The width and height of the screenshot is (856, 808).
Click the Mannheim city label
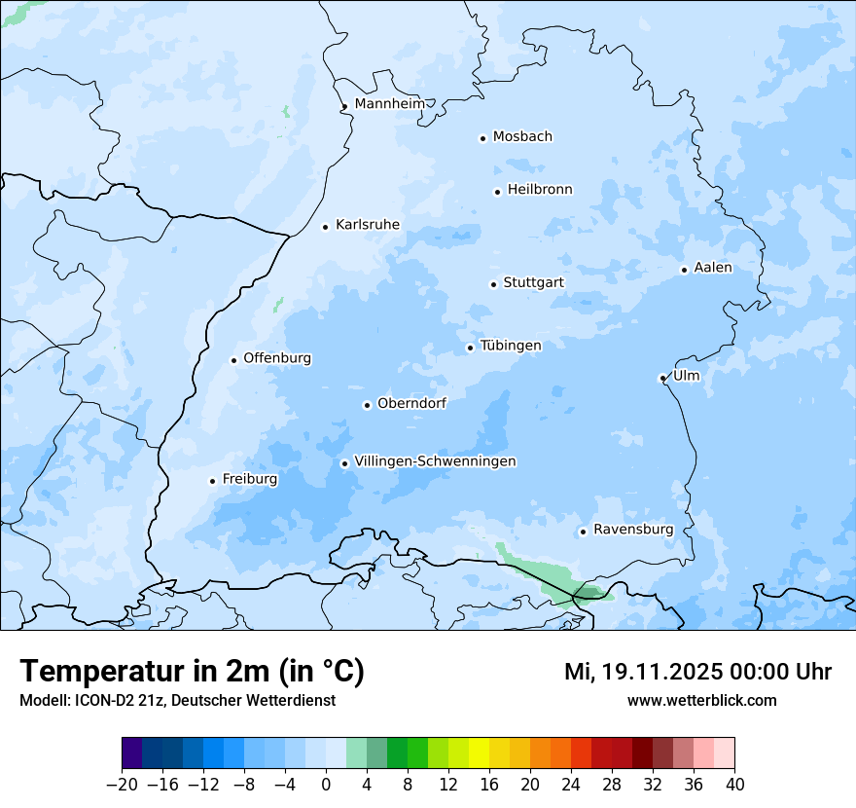click(x=389, y=104)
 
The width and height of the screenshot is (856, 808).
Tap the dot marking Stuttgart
click(x=493, y=284)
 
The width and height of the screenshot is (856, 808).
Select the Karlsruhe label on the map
click(x=367, y=225)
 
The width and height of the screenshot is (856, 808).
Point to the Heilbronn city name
click(x=540, y=190)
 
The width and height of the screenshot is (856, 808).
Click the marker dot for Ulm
click(x=662, y=378)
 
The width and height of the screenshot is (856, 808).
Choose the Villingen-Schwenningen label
click(x=435, y=461)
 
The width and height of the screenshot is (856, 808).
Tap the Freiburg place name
click(x=249, y=479)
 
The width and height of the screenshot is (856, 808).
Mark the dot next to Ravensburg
click(x=583, y=532)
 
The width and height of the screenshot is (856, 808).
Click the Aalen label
click(x=713, y=268)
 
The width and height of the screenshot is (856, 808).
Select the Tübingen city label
click(x=511, y=346)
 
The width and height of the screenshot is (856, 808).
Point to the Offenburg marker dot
click(x=233, y=360)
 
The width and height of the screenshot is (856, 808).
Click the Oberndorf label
click(x=411, y=403)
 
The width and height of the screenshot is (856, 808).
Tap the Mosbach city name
click(x=522, y=137)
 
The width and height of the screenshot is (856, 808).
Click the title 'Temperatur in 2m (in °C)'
click(x=193, y=672)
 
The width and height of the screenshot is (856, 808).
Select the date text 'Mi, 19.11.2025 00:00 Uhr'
click(x=697, y=672)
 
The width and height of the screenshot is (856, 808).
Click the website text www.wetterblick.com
click(x=701, y=700)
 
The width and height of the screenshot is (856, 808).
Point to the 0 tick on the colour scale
click(x=326, y=785)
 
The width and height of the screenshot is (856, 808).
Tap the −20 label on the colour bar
click(x=123, y=785)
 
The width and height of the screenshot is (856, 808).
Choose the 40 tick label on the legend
click(x=734, y=785)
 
